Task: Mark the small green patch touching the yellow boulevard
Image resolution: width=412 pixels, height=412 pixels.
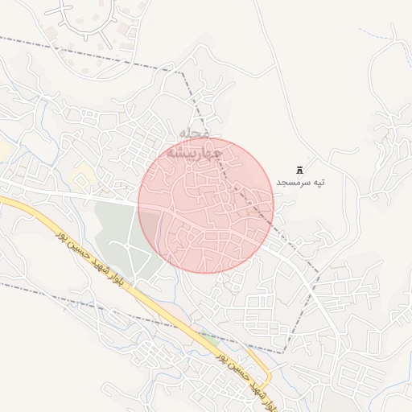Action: pos(209,338)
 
